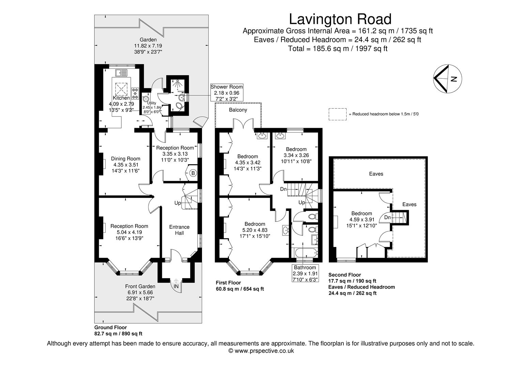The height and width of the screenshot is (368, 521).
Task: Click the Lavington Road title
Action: [340, 19]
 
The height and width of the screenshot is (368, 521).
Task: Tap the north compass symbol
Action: [447, 79]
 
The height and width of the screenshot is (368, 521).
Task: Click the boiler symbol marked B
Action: [193, 173]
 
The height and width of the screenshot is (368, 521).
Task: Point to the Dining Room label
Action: [125, 158]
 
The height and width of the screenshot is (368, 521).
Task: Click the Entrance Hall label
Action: [179, 230]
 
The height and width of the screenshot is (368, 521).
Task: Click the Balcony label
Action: [238, 110]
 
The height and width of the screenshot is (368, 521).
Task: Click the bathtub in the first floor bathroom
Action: [305, 253]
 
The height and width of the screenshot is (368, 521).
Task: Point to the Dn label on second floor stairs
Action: [387, 217]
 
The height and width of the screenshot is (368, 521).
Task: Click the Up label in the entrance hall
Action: [178, 203]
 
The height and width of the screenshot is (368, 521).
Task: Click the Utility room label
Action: [151, 103]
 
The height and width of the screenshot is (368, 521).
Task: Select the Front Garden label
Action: [140, 286]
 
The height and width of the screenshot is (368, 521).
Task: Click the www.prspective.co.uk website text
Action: [260, 351]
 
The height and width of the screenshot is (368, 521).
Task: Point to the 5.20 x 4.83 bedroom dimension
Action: [255, 230]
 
